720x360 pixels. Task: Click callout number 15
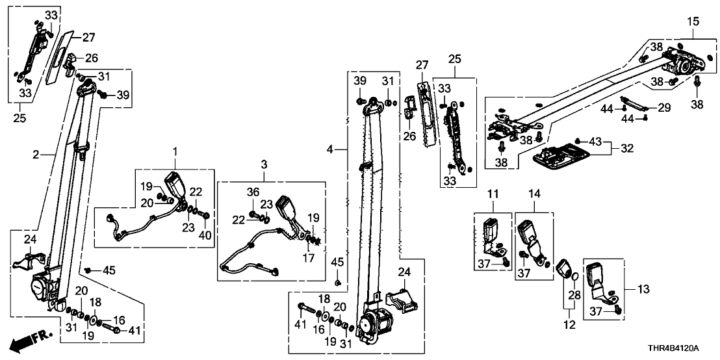[x=692, y=21]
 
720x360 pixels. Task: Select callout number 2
[x=36, y=155]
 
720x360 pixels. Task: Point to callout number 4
[x=330, y=150]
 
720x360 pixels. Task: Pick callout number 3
[x=264, y=164]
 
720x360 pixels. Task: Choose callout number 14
[x=534, y=193]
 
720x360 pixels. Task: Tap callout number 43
[x=596, y=141]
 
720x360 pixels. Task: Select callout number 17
[x=309, y=258]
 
